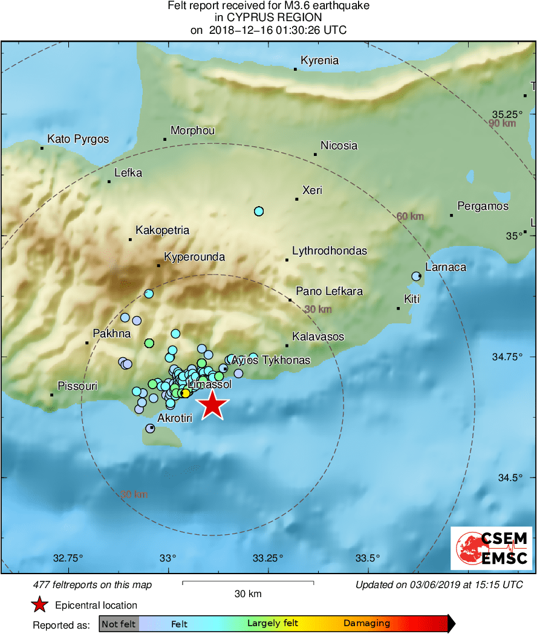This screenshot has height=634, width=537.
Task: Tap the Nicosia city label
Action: [339, 146]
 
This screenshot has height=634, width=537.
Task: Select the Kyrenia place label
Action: [320, 60]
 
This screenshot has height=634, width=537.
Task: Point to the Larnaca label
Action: [446, 267]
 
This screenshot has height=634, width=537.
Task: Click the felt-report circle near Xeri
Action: [259, 211]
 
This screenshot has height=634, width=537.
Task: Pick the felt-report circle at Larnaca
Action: [416, 276]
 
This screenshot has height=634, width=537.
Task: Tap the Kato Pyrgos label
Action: [78, 139]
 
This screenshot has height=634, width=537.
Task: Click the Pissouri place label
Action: [77, 386]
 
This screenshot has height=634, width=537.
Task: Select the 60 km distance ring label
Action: [410, 216]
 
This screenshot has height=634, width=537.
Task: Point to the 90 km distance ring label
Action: [503, 124]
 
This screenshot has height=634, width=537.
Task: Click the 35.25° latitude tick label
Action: [506, 114]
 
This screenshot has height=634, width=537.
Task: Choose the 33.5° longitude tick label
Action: [368, 557]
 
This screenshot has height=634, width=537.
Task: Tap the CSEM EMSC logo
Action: [491, 548]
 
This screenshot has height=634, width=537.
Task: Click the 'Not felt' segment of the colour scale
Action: [119, 624]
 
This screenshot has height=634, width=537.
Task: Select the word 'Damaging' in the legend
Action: [366, 624]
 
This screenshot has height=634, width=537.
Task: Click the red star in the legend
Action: [40, 604]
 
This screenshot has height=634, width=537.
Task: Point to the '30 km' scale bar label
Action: [248, 594]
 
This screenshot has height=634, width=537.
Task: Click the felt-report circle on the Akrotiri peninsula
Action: [150, 429]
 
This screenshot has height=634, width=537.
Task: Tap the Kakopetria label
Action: [162, 230]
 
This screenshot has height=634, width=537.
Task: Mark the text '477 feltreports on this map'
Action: [92, 584]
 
